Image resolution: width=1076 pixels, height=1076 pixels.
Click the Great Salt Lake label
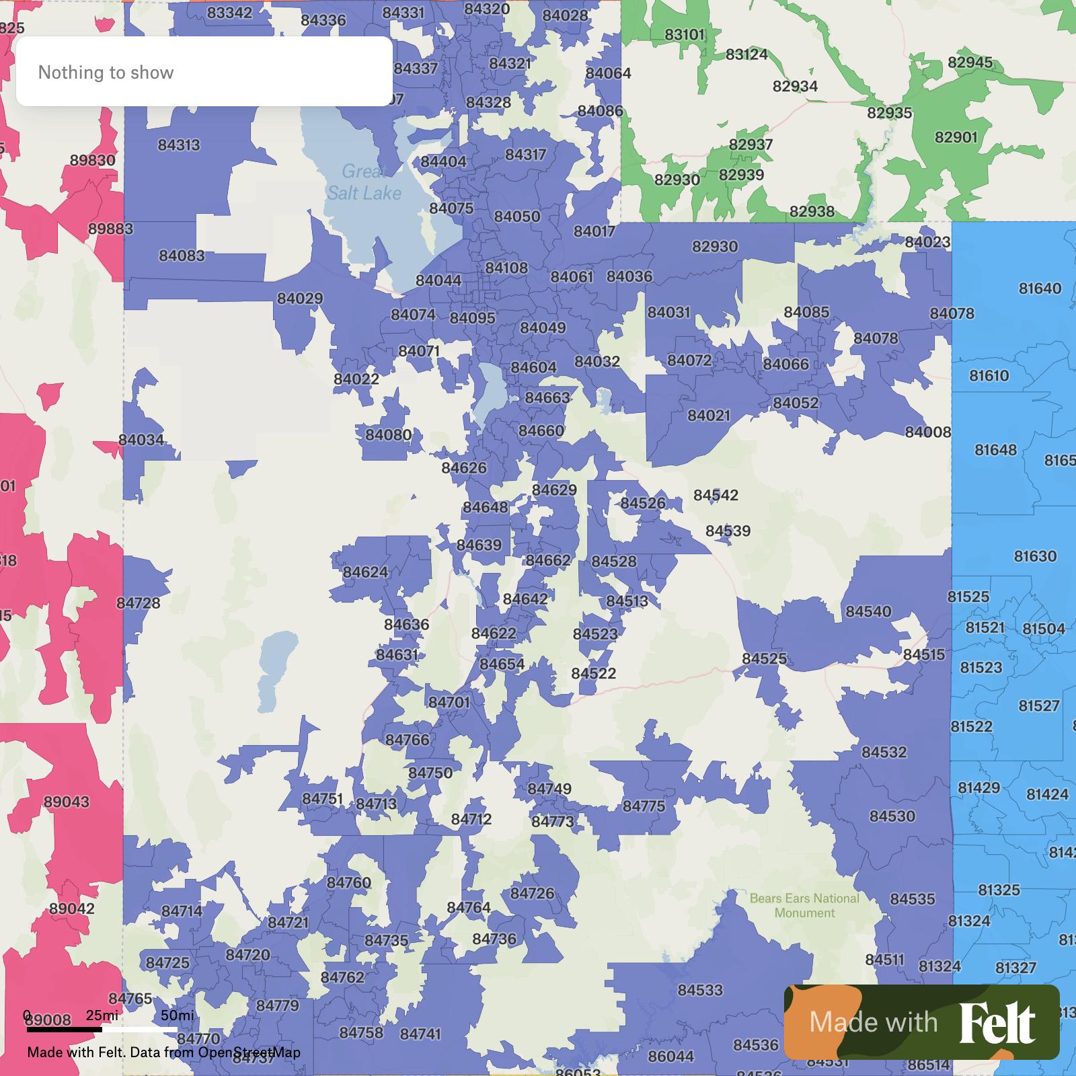pyautogui.click(x=364, y=182)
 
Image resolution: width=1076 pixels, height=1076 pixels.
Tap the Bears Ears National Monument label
pyautogui.click(x=804, y=905)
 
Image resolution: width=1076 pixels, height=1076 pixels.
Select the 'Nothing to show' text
pyautogui.click(x=106, y=73)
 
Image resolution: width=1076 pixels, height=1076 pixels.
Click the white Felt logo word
pyautogui.click(x=997, y=1023)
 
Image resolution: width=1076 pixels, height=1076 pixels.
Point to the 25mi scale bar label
pyautogui.click(x=102, y=1015)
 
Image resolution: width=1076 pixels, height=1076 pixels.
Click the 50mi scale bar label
pyautogui.click(x=177, y=1015)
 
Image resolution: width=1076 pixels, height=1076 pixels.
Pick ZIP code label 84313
pyautogui.click(x=179, y=145)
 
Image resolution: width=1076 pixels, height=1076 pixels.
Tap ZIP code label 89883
pyautogui.click(x=111, y=229)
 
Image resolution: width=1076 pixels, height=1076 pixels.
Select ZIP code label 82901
pyautogui.click(x=956, y=137)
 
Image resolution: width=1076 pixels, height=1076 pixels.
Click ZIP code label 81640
pyautogui.click(x=1040, y=289)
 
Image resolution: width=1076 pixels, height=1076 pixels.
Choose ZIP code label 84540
pyautogui.click(x=868, y=611)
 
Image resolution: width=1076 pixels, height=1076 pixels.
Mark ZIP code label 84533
pyautogui.click(x=700, y=990)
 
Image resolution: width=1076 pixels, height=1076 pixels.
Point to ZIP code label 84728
pyautogui.click(x=139, y=603)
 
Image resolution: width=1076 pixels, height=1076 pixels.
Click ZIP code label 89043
pyautogui.click(x=66, y=802)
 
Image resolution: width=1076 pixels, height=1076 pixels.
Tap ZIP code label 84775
pyautogui.click(x=644, y=806)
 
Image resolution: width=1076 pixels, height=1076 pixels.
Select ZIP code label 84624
pyautogui.click(x=365, y=572)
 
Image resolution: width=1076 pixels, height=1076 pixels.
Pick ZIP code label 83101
pyautogui.click(x=685, y=34)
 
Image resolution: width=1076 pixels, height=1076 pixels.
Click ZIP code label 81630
pyautogui.click(x=1035, y=556)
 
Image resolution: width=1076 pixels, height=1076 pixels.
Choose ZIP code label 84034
pyautogui.click(x=141, y=440)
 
